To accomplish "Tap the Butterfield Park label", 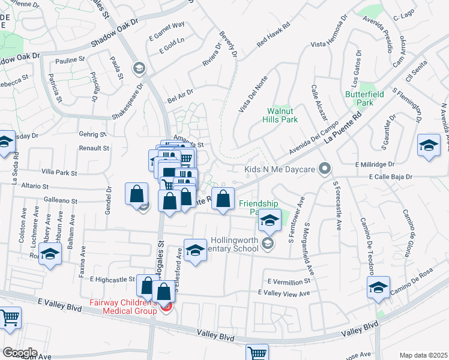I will [360, 98].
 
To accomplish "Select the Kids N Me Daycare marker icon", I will [325, 169].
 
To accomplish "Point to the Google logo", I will [19, 353].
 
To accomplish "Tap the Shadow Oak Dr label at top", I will [115, 36].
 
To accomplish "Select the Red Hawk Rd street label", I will [273, 35].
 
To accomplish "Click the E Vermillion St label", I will [290, 281].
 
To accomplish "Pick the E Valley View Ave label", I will [283, 293].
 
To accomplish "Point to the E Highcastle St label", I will [112, 279].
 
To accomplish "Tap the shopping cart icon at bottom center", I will [257, 352].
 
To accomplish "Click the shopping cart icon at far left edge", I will [10, 317].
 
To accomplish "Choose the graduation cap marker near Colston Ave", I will [50, 253].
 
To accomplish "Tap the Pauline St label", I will [70, 60].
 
